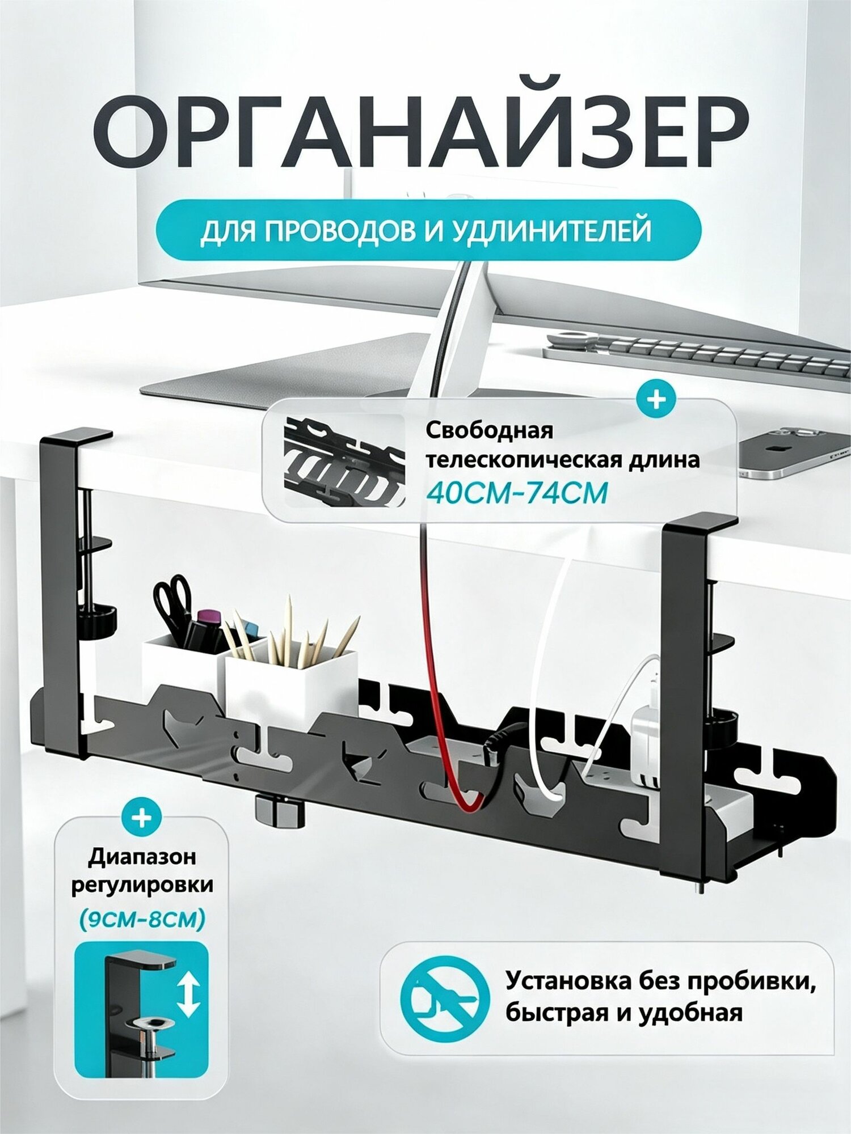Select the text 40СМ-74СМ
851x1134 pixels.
[517, 493]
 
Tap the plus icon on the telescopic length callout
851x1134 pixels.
[656, 400]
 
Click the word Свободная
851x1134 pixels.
[489, 430]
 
